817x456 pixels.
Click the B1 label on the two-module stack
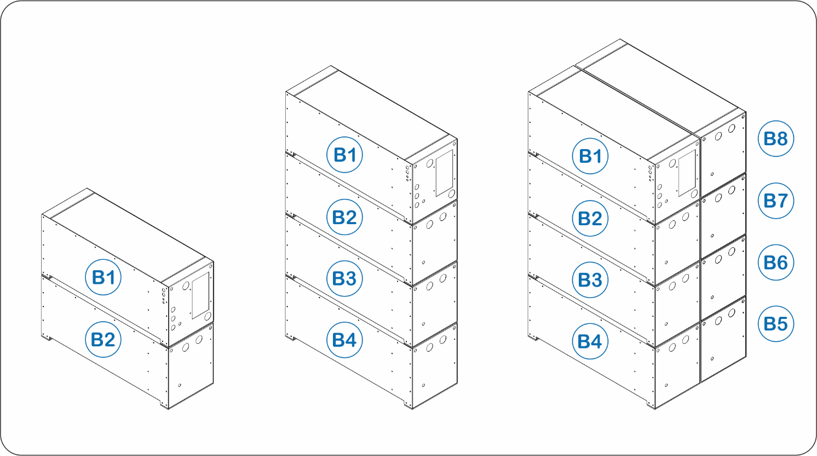103,277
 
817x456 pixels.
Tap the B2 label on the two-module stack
103,340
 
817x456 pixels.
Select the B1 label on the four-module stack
344,155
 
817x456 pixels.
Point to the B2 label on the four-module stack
344,217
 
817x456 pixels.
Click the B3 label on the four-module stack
344,278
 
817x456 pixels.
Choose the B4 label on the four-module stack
344,340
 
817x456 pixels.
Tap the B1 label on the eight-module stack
590,156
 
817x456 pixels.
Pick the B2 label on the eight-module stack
590,218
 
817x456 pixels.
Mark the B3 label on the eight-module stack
590,280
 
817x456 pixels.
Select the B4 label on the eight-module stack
590,341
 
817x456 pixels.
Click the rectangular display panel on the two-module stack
200,295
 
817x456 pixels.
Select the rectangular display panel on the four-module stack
444,173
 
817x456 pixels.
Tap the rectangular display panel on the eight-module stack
687,173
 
